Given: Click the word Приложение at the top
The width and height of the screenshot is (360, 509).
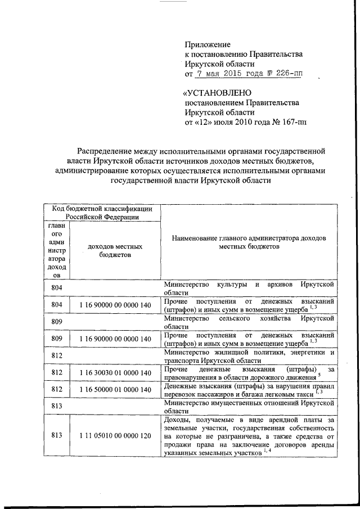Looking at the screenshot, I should click(x=208, y=44).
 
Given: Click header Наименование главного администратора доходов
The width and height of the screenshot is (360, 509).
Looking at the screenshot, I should click(x=248, y=242).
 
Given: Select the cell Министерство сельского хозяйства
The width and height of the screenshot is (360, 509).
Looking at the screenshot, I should click(x=248, y=322).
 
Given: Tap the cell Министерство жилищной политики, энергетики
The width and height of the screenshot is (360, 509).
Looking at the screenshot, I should click(x=248, y=356).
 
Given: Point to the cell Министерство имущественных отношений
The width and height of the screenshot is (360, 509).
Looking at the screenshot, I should click(x=248, y=407).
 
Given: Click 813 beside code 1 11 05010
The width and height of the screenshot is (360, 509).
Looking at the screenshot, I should click(x=56, y=435).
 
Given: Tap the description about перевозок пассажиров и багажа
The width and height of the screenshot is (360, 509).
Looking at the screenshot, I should click(x=248, y=390).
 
